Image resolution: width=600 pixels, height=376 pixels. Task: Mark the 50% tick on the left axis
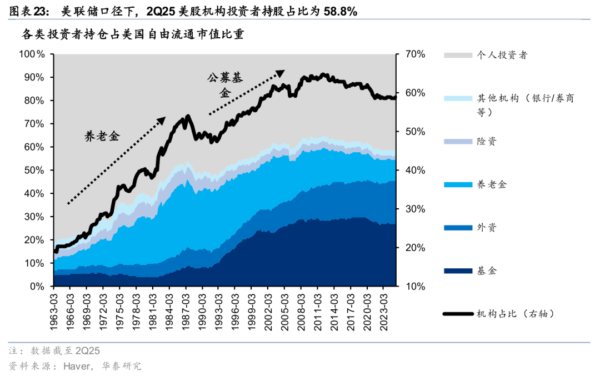click(34, 171)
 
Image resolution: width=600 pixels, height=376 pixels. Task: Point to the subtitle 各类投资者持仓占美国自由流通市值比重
click(133, 34)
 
